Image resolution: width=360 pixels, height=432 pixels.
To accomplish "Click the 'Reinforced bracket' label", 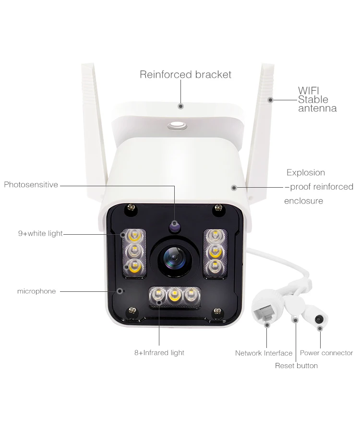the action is pos(185,74).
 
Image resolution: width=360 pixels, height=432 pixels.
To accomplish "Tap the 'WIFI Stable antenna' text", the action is pos(317,99).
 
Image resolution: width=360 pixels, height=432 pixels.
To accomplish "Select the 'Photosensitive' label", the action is pos(31,185).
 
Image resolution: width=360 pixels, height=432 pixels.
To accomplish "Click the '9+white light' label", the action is pos(40,234).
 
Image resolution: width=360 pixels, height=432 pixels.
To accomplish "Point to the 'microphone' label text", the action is pos(36,291).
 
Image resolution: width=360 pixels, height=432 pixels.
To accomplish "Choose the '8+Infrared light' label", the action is pos(159,353).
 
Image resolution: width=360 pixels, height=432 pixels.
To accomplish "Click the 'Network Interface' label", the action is pos(264,353).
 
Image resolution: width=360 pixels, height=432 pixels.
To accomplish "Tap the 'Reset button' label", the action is pos(296,366).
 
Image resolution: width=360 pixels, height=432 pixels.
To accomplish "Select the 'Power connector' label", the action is pos(326,353).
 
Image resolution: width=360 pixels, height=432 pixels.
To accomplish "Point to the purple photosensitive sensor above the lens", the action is pos(175,225).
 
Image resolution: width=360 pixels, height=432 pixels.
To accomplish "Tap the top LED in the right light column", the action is pos(214,236).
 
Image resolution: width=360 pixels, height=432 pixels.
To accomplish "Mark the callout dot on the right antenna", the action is pos(270,100).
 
